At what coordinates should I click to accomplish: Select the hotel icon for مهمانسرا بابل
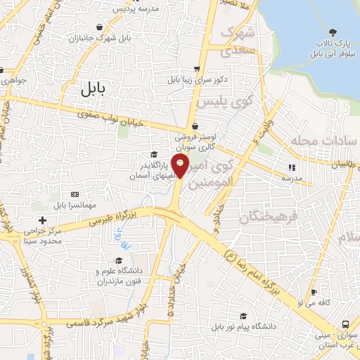coord(75,194)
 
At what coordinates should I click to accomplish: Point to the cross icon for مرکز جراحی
coord(43,220)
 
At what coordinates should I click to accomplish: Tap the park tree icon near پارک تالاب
coord(334,32)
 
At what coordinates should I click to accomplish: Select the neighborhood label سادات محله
coord(324,141)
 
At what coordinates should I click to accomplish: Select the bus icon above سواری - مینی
coord(345,324)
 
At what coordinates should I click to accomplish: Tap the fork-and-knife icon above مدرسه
coord(290,167)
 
